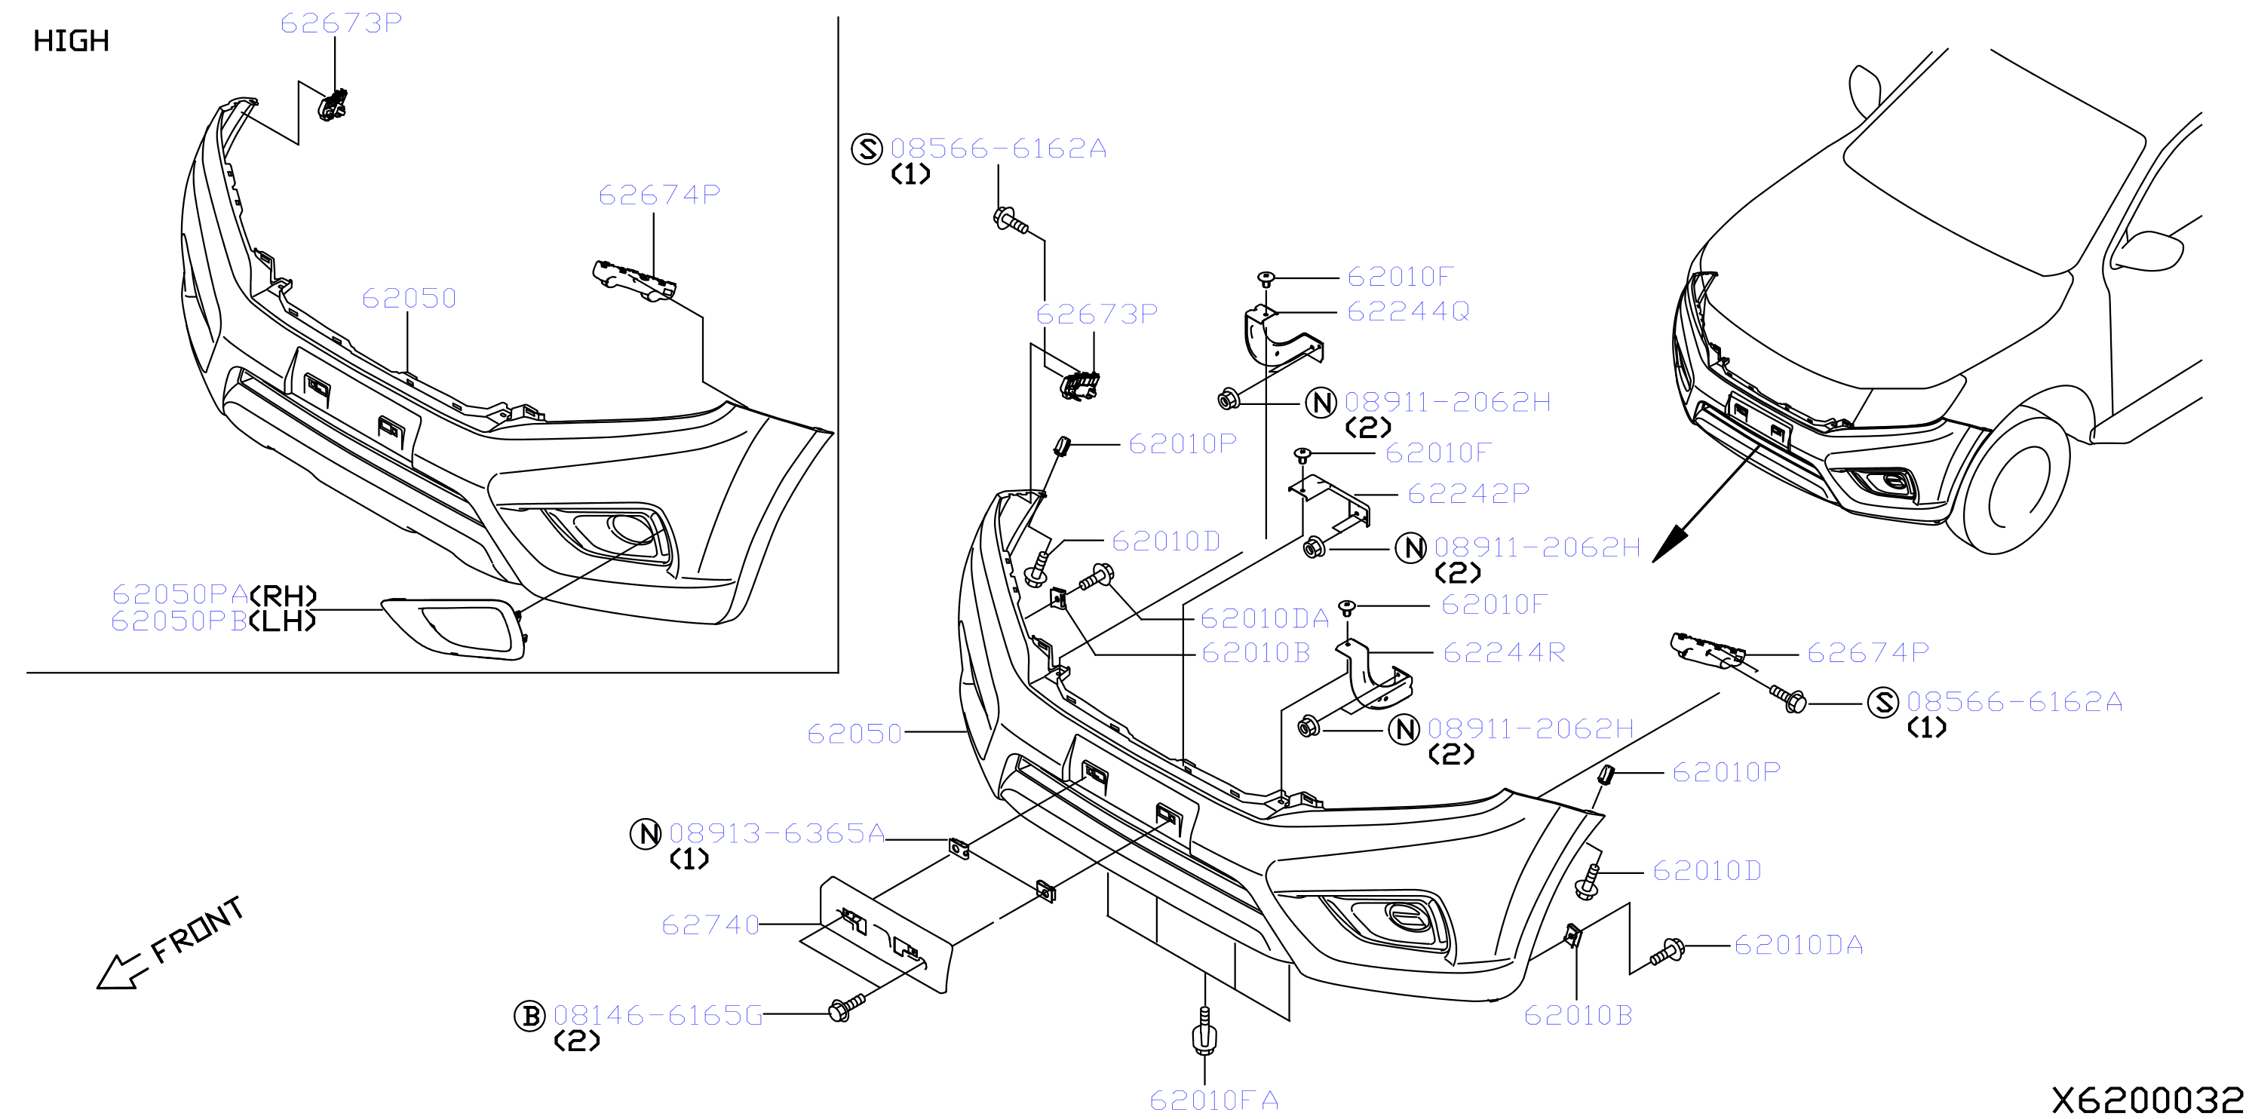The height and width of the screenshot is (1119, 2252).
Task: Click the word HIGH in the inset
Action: pos(71,41)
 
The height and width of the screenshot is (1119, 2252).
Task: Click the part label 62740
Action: pos(710,925)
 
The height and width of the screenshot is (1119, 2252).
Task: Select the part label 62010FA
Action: pos(1213,1099)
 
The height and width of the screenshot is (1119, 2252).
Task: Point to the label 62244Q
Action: pos(1408,311)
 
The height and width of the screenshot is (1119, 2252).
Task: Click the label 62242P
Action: pos(1468,494)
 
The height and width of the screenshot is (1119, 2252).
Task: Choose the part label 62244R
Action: pos(1504,652)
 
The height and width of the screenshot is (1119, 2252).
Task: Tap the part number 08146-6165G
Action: pos(658,1015)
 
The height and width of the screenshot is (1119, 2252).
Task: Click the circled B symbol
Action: pos(529,1016)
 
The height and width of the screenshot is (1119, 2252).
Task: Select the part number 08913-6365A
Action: pos(777,833)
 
